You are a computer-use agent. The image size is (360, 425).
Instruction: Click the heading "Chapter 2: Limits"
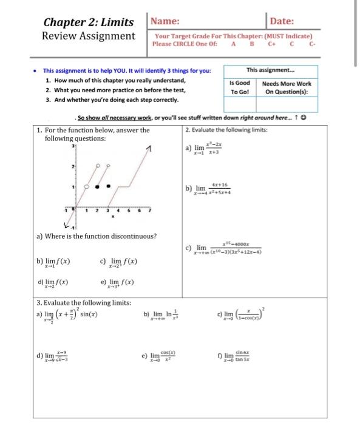coord(89,22)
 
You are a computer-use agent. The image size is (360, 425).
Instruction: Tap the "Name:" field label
coord(164,21)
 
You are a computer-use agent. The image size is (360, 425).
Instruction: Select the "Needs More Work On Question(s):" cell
coord(288,87)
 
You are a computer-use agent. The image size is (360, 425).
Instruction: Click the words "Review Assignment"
coord(89,36)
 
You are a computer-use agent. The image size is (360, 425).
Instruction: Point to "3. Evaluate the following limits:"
coord(84,302)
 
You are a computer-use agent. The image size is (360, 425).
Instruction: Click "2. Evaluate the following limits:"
coord(225,129)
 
